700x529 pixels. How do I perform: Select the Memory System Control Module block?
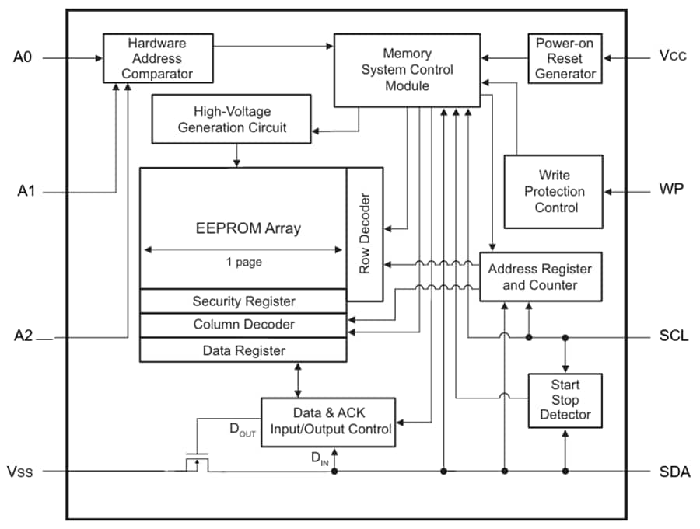pyautogui.click(x=406, y=70)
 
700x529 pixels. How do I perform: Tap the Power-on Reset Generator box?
pyautogui.click(x=565, y=58)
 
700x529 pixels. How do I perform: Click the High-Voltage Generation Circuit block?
pyautogui.click(x=232, y=119)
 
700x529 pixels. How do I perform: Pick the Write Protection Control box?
pyautogui.click(x=553, y=191)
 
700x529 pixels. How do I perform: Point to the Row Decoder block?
pyautogui.click(x=365, y=234)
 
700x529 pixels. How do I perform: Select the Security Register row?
pyautogui.click(x=243, y=301)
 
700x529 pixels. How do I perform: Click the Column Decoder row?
pyautogui.click(x=243, y=325)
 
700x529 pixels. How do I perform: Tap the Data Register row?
pyautogui.click(x=243, y=350)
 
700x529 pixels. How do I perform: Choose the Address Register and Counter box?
pyautogui.click(x=540, y=277)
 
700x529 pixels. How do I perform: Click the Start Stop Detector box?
pyautogui.click(x=565, y=399)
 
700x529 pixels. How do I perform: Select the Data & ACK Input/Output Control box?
pyautogui.click(x=327, y=422)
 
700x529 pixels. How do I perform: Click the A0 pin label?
pyautogui.click(x=24, y=57)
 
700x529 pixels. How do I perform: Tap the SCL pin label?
pyautogui.click(x=673, y=337)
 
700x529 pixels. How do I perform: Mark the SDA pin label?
pyautogui.click(x=674, y=472)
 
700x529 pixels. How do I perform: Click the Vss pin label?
pyautogui.click(x=20, y=472)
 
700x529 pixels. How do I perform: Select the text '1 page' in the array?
pyautogui.click(x=243, y=263)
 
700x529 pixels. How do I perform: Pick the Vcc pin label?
pyautogui.click(x=672, y=57)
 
